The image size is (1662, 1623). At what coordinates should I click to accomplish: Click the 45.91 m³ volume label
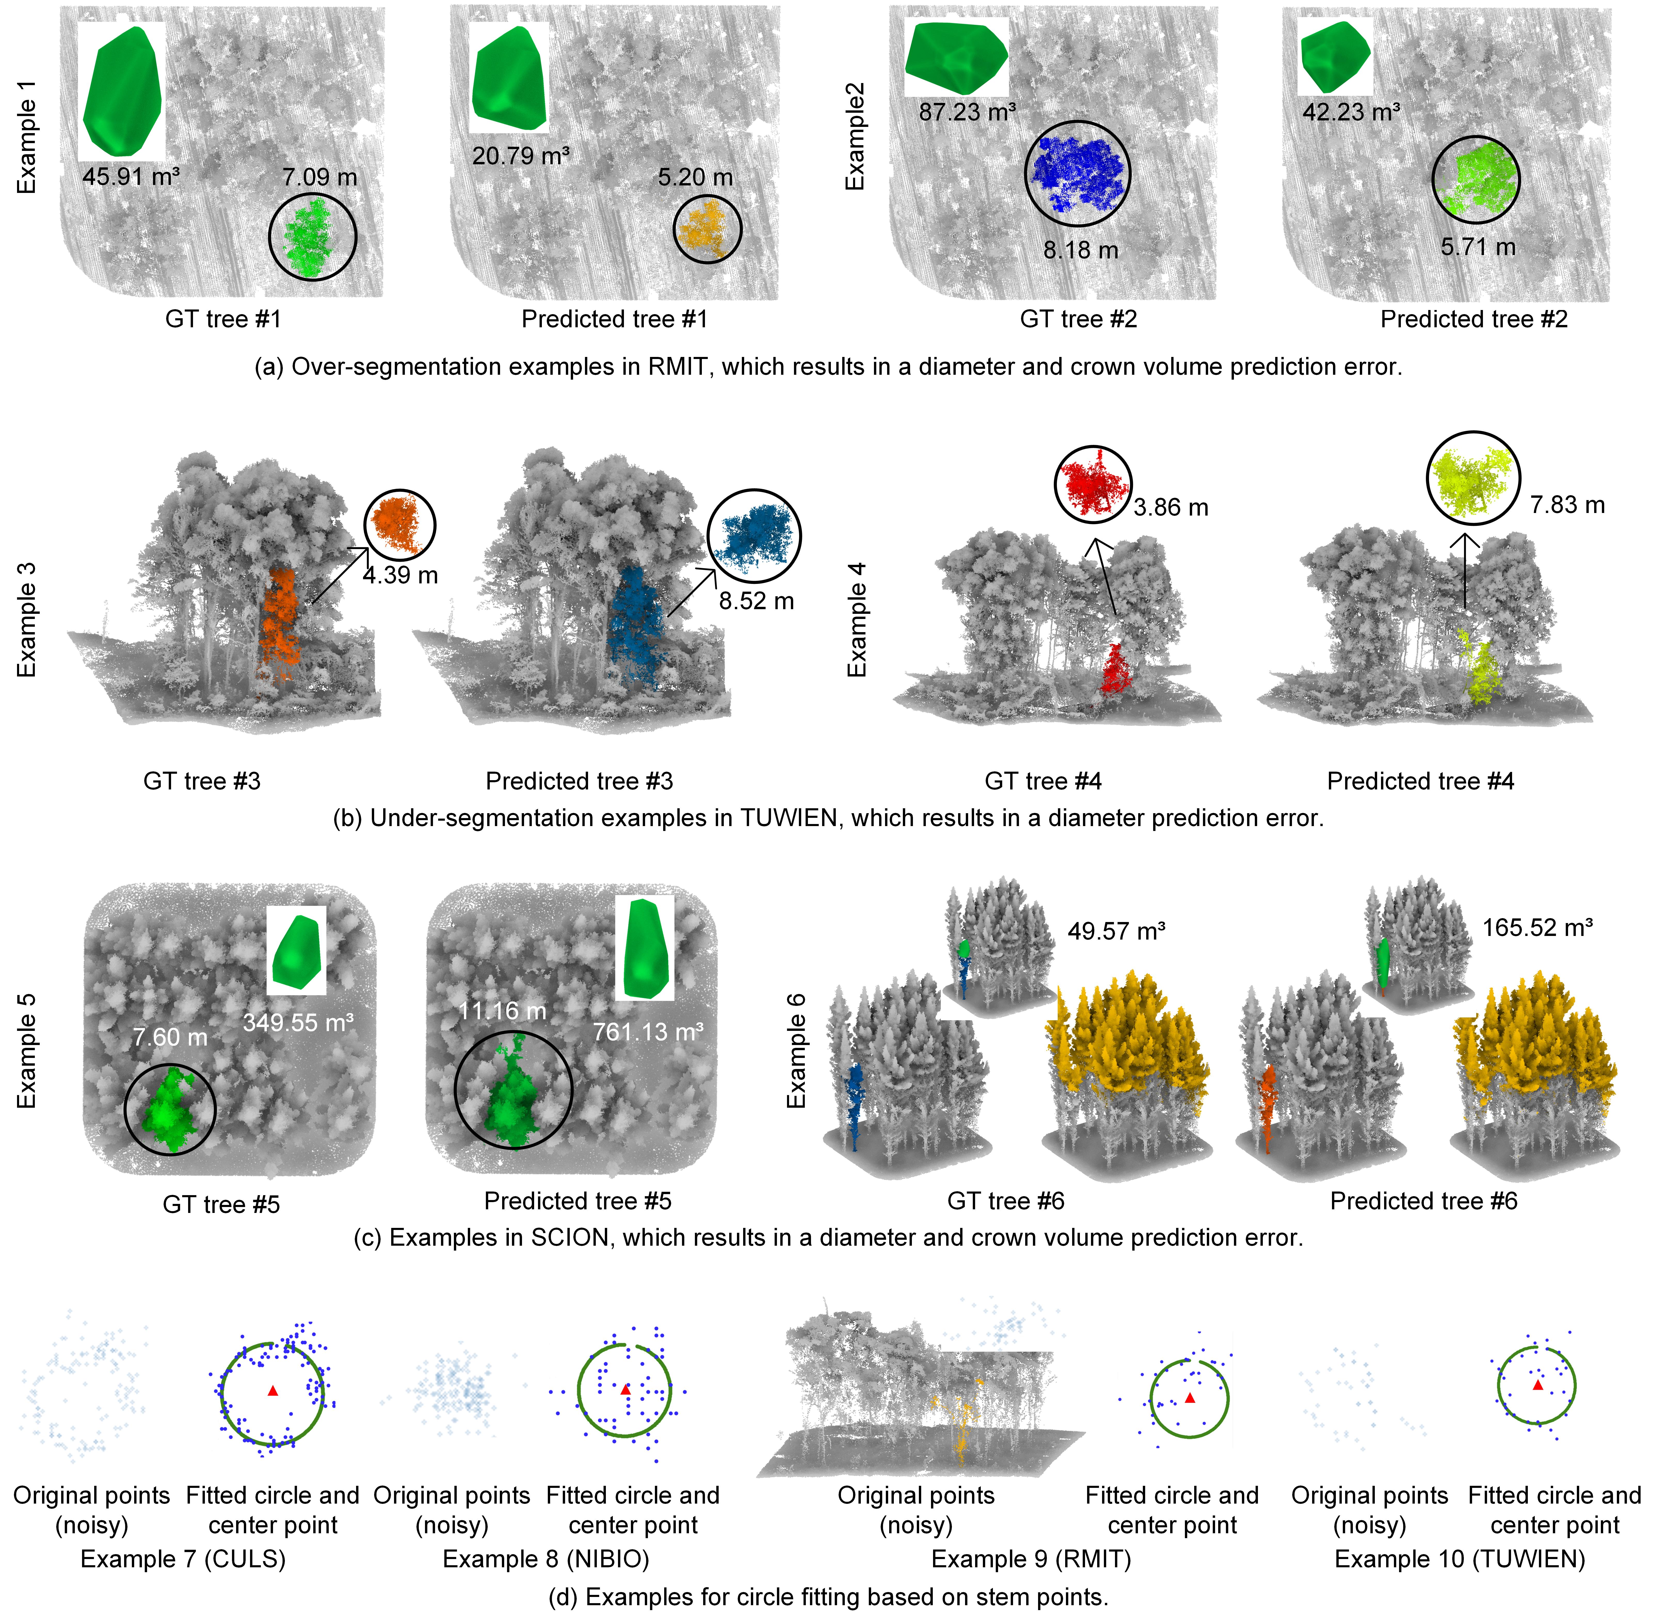131,177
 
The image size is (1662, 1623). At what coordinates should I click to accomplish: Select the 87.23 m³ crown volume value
967,112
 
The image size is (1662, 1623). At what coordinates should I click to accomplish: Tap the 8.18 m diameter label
1080,250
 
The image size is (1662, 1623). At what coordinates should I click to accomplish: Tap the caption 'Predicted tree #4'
1421,781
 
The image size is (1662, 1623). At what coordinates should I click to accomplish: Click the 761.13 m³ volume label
648,1032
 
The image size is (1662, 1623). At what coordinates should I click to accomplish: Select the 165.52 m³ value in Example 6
1538,927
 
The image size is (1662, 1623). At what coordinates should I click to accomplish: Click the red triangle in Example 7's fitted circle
273,1391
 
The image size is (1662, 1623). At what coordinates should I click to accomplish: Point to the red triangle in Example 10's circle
1538,1385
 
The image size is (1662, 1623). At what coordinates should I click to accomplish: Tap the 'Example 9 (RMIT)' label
1031,1559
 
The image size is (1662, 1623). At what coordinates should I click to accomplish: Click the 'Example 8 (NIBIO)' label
546,1559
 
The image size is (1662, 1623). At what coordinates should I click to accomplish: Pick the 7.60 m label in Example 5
171,1037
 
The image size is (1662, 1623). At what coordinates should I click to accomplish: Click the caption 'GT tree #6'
1006,1201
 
